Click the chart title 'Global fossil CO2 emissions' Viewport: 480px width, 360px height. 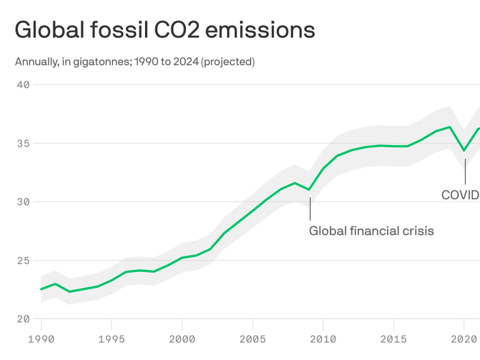pyautogui.click(x=164, y=29)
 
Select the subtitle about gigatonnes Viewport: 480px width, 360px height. pyautogui.click(x=134, y=61)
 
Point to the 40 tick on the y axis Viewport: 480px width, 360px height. pyautogui.click(x=22, y=84)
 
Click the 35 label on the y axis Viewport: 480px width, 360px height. pyautogui.click(x=22, y=143)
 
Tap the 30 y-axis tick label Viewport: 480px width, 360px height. pyautogui.click(x=22, y=202)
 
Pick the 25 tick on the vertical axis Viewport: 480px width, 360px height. pyautogui.click(x=22, y=261)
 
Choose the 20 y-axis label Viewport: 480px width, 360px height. pyautogui.click(x=22, y=319)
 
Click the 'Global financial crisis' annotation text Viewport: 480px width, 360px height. pyautogui.click(x=371, y=231)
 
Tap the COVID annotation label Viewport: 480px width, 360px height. pyautogui.click(x=460, y=195)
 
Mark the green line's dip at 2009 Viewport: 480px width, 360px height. pyautogui.click(x=309, y=189)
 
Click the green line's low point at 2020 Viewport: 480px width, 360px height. pyautogui.click(x=464, y=150)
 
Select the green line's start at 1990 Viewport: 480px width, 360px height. pyautogui.click(x=41, y=289)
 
